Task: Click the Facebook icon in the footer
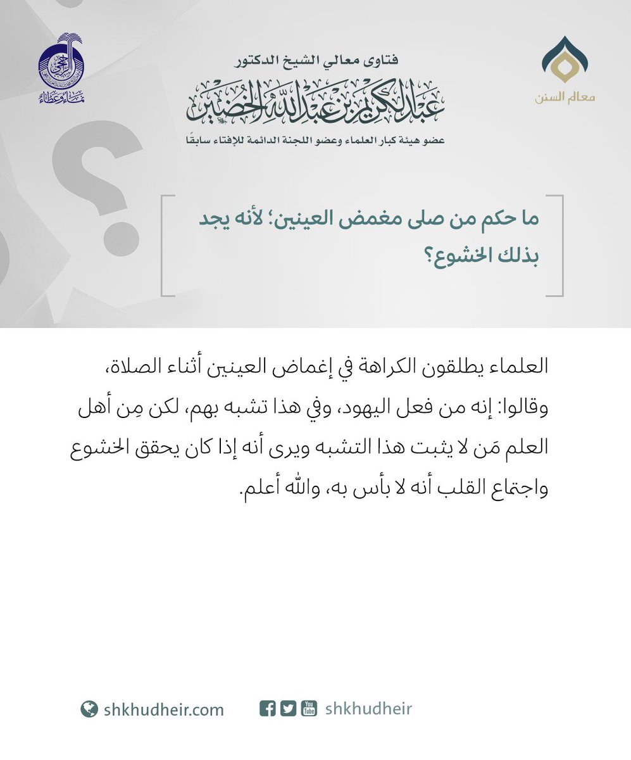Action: [x=268, y=709]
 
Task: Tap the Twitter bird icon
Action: [x=288, y=709]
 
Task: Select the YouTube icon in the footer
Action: [x=309, y=709]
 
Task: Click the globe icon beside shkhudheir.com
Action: [x=89, y=709]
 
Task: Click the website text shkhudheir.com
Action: [x=163, y=709]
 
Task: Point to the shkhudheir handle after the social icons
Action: [x=368, y=709]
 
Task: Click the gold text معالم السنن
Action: [x=565, y=98]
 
